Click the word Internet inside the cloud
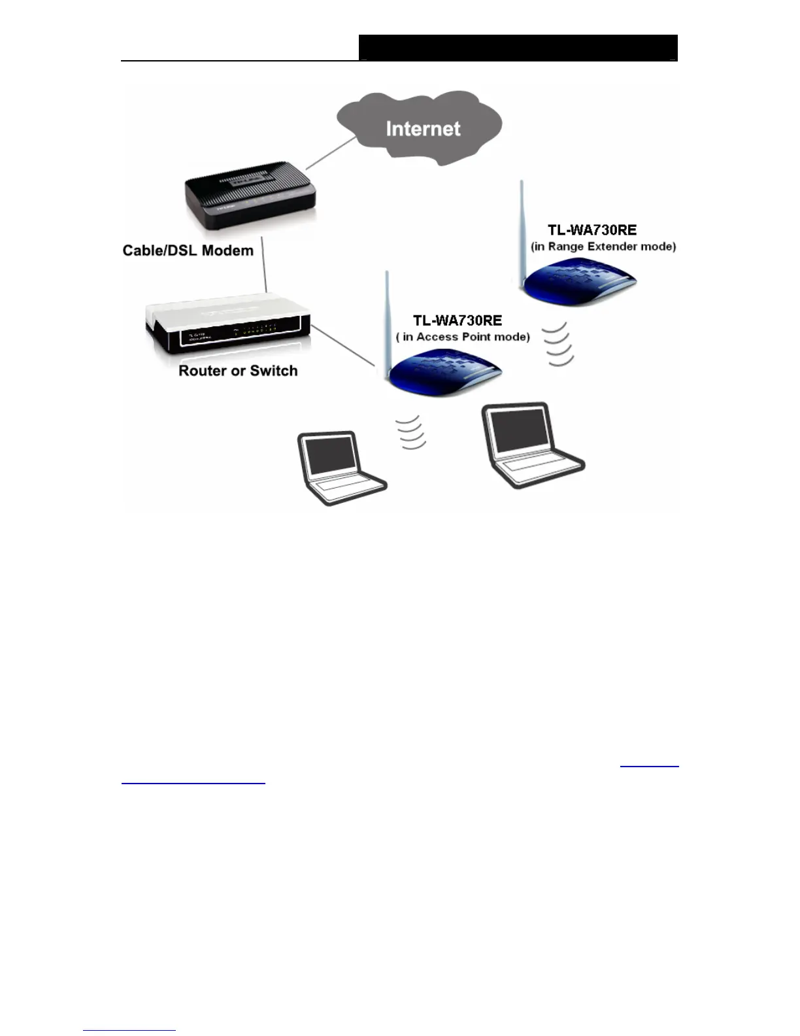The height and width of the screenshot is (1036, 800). (423, 129)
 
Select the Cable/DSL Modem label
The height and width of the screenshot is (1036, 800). (188, 250)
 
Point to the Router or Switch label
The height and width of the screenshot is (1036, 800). (238, 371)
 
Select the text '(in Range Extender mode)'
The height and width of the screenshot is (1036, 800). (603, 247)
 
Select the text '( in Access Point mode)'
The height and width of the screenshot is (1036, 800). (463, 337)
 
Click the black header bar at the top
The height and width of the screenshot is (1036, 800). (518, 48)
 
